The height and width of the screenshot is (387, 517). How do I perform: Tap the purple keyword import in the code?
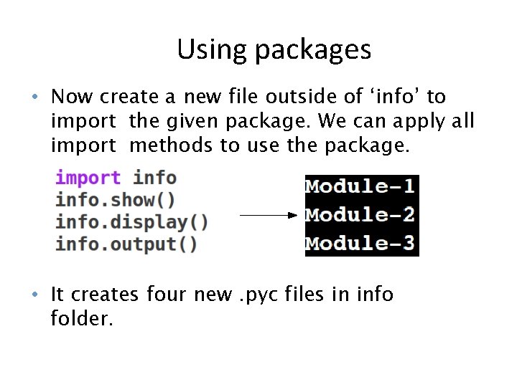(88, 178)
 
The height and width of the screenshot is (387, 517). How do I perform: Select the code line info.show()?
(115, 199)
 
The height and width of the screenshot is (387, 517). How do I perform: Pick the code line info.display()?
(131, 221)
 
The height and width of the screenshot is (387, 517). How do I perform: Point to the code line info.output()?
(126, 244)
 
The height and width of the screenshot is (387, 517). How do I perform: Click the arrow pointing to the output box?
(267, 214)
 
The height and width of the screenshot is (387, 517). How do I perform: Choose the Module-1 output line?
(360, 187)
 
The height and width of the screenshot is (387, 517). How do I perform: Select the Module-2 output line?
(360, 215)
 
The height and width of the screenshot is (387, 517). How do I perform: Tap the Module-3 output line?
(360, 243)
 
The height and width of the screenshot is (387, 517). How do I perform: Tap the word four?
(171, 294)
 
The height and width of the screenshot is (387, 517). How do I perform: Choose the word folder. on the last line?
(82, 317)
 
